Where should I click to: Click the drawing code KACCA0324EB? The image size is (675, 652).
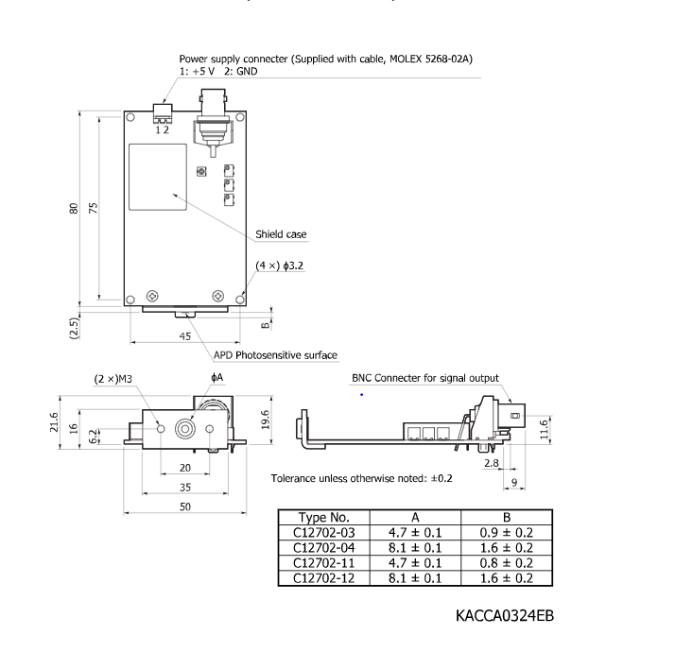pyautogui.click(x=504, y=616)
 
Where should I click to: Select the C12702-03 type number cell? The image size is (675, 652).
pyautogui.click(x=323, y=533)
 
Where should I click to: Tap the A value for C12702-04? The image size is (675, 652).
pyautogui.click(x=415, y=548)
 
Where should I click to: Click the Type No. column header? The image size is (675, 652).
pyautogui.click(x=323, y=518)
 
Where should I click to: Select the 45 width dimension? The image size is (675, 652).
pyautogui.click(x=184, y=336)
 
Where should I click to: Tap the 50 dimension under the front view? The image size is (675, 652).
pyautogui.click(x=184, y=507)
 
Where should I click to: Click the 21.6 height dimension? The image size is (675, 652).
pyautogui.click(x=54, y=420)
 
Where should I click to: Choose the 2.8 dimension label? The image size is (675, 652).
pyautogui.click(x=491, y=464)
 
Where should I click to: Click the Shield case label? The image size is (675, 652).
pyautogui.click(x=281, y=234)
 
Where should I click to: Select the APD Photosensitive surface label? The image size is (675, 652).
pyautogui.click(x=275, y=355)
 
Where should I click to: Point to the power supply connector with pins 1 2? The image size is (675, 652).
pyautogui.click(x=164, y=117)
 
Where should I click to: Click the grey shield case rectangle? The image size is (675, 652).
pyautogui.click(x=157, y=177)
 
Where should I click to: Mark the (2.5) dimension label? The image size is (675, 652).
pyautogui.click(x=74, y=328)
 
